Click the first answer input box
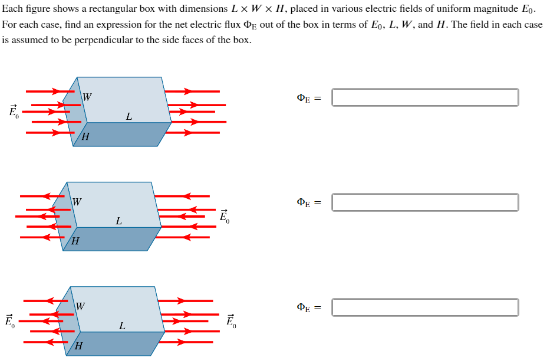tap(425, 97)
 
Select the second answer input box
tap(425, 202)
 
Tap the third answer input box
tap(425, 307)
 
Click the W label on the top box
tap(87, 97)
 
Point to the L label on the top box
tap(129, 117)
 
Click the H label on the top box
tap(85, 137)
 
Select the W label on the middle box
tap(77, 202)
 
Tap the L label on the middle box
tap(119, 222)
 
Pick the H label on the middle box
tap(75, 242)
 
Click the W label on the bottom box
tap(80, 306)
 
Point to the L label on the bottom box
tap(122, 326)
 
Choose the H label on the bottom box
tap(78, 346)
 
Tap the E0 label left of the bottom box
tap(9, 321)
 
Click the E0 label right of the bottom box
tap(230, 321)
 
